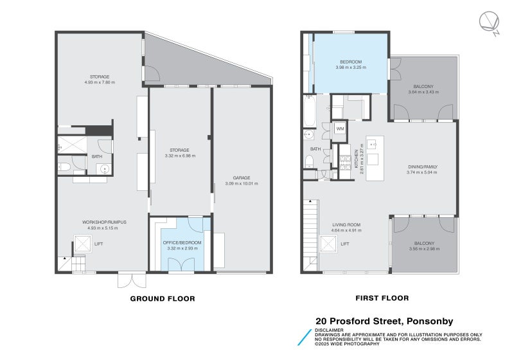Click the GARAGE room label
(x=242, y=177)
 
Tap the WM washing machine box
(x=340, y=129)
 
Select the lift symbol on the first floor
(x=328, y=244)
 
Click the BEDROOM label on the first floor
(x=351, y=62)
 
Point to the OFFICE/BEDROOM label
(x=182, y=242)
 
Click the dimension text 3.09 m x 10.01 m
(x=242, y=184)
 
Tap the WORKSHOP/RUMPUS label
(x=104, y=222)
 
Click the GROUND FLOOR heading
(x=163, y=299)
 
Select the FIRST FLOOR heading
(x=382, y=298)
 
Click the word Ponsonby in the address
(x=430, y=321)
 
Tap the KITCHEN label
(x=357, y=159)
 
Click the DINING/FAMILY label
(x=422, y=166)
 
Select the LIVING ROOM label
(x=346, y=224)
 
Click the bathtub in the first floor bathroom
(x=310, y=111)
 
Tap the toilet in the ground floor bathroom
(x=64, y=168)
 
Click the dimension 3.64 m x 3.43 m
(x=423, y=92)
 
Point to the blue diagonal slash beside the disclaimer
(x=305, y=337)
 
